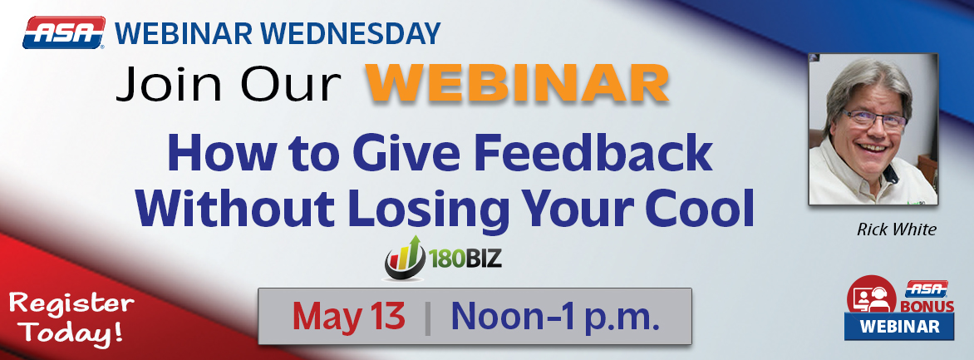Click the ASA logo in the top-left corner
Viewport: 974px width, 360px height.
point(64,34)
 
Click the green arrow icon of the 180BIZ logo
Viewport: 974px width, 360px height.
point(405,257)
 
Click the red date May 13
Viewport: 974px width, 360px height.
point(348,316)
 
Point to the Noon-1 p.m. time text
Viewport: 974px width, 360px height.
point(555,316)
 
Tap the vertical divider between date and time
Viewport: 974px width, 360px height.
point(428,317)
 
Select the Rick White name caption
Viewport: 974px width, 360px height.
point(884,229)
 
